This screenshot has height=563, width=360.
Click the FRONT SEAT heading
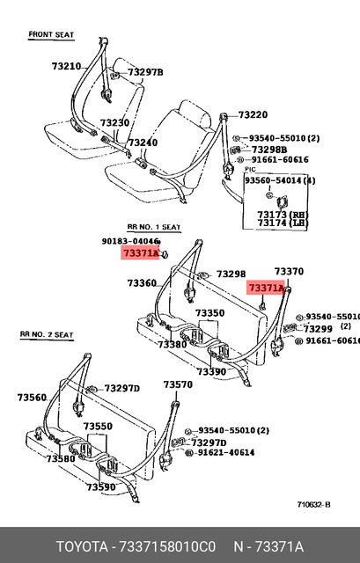click(51, 34)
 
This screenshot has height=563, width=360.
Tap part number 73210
click(66, 66)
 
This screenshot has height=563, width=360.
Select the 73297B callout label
click(145, 72)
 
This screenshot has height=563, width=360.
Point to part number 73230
click(114, 123)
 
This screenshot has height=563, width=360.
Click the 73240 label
click(143, 143)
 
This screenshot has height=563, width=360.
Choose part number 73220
click(253, 115)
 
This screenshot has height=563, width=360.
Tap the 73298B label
click(268, 150)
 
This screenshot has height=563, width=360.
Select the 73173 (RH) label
click(283, 214)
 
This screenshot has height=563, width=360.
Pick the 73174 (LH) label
click(283, 223)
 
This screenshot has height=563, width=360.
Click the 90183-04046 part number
click(130, 241)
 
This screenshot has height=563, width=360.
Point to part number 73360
click(142, 283)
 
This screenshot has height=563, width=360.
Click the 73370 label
click(289, 272)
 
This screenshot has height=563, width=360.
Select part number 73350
click(209, 313)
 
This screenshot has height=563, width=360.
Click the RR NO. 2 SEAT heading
click(46, 335)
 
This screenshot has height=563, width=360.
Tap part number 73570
click(177, 384)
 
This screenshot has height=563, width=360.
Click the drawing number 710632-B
click(313, 504)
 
